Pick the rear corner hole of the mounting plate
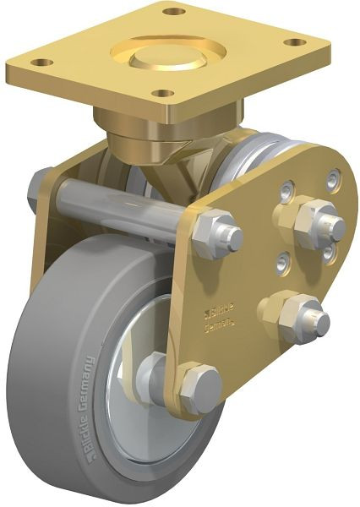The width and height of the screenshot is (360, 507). tap(174, 12)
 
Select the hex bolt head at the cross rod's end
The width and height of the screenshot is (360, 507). tap(216, 235)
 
